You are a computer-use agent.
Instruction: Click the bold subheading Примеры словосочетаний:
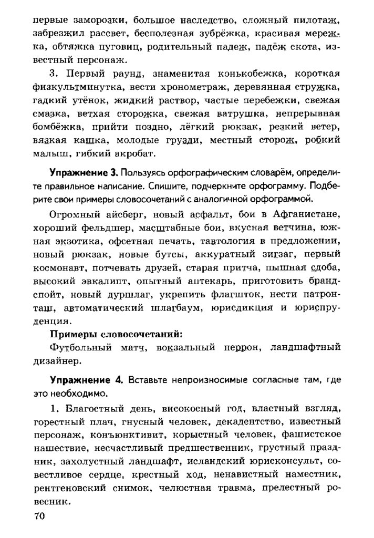[x=116, y=334]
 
